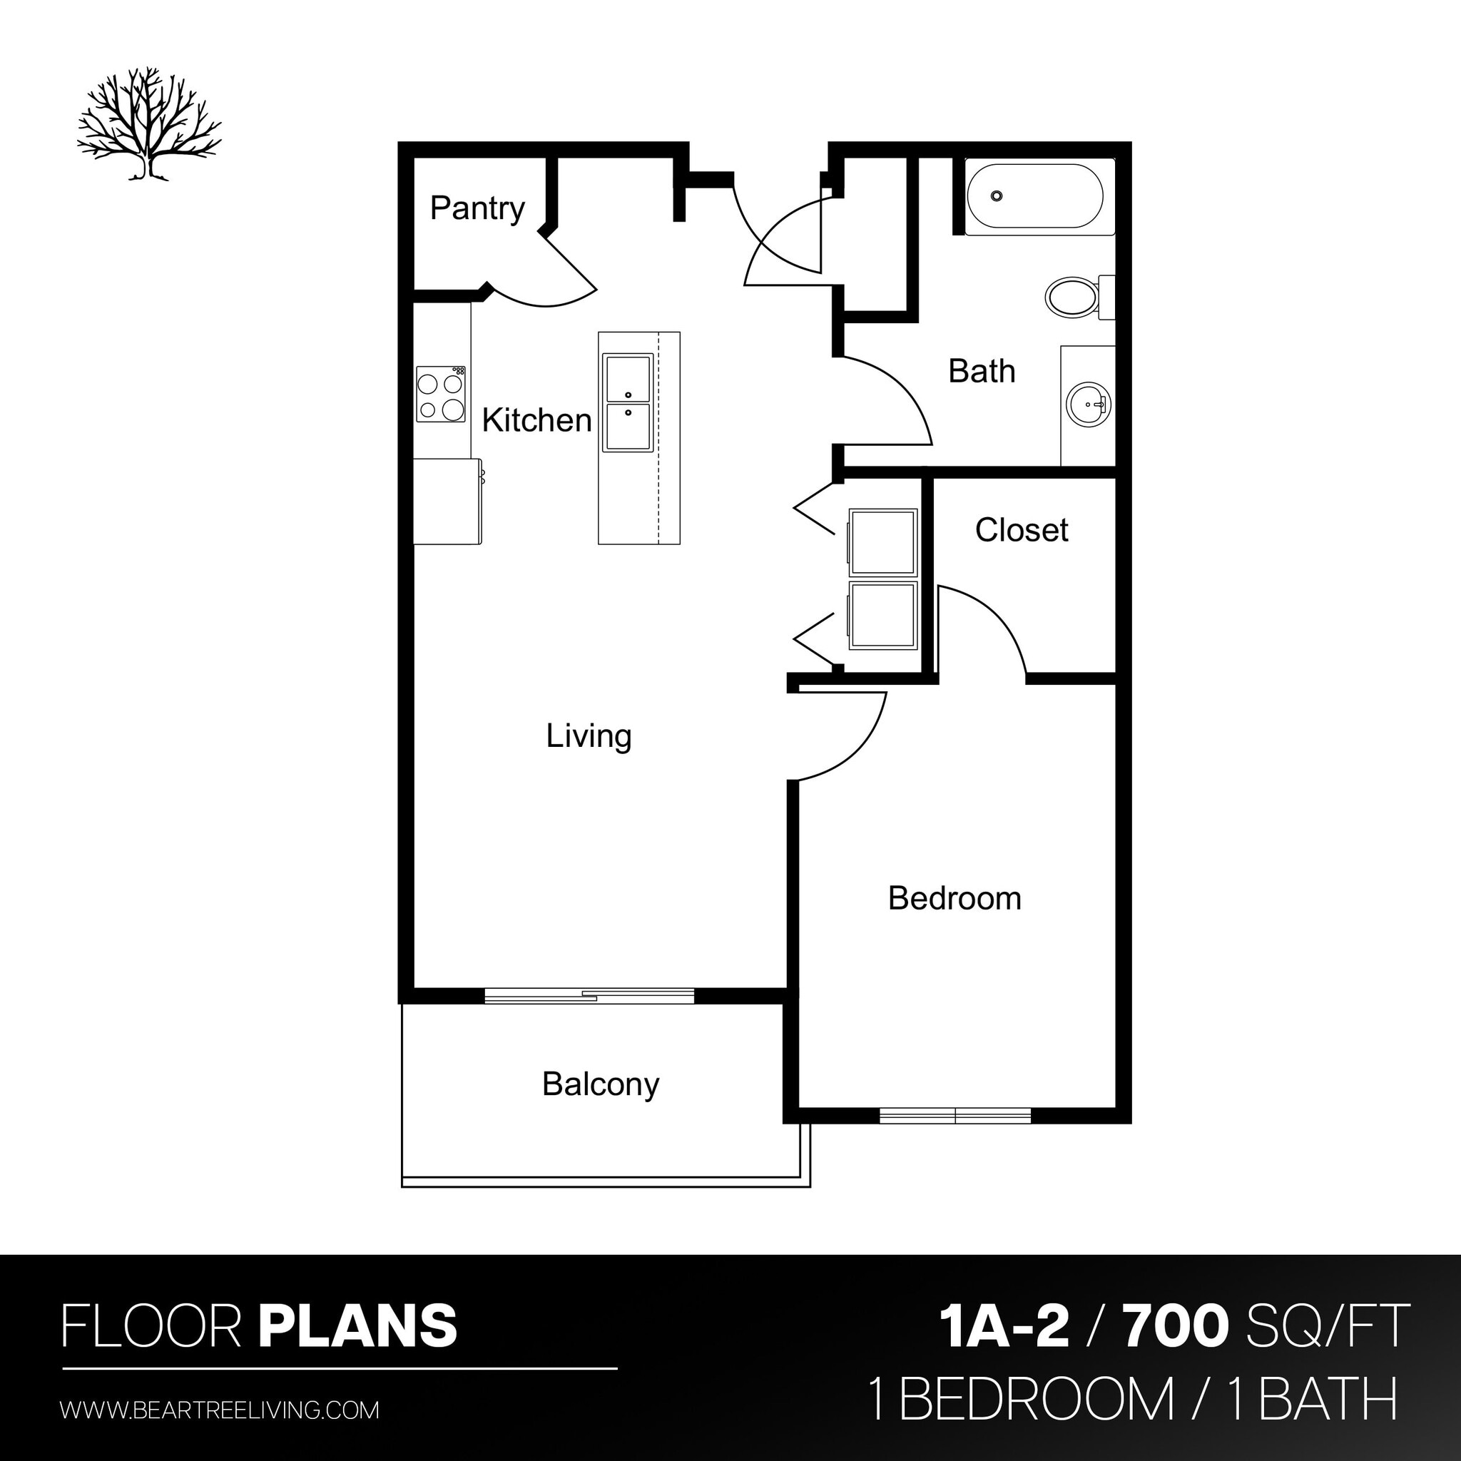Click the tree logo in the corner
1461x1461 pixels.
149,128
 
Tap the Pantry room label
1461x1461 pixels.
477,208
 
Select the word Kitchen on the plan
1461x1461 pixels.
536,420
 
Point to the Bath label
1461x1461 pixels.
981,371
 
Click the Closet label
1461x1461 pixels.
1021,530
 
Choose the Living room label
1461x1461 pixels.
589,735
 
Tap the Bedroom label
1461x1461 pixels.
955,898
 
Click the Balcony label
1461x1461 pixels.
601,1084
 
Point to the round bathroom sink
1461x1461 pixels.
1088,404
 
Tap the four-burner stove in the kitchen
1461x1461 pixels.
441,394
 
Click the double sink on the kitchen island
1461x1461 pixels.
628,403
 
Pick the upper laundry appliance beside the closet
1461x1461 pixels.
882,541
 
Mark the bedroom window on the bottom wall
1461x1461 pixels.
955,1116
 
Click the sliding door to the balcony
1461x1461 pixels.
589,996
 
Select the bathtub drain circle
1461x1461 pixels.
997,197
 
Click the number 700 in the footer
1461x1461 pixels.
1174,1326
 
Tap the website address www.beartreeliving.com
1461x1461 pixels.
219,1410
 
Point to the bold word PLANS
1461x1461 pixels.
357,1325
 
